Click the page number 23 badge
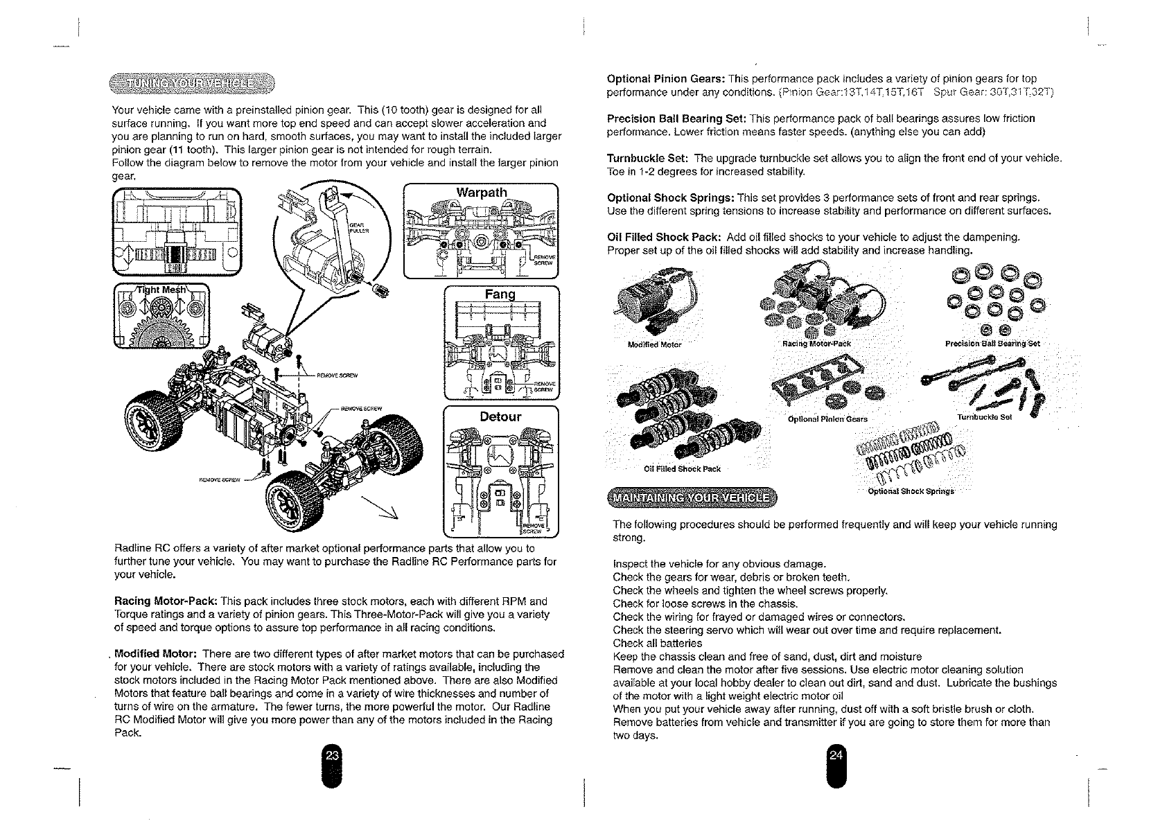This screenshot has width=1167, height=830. pyautogui.click(x=332, y=756)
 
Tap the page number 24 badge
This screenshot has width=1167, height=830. pyautogui.click(x=836, y=756)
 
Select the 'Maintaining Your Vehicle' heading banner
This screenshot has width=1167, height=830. pyautogui.click(x=692, y=497)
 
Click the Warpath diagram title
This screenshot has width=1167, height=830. pyautogui.click(x=482, y=192)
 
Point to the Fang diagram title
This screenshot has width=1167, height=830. pyautogui.click(x=500, y=294)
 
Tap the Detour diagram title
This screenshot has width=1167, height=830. pyautogui.click(x=500, y=416)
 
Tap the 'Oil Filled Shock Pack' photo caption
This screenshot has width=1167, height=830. pyautogui.click(x=682, y=469)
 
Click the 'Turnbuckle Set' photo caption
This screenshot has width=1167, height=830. pyautogui.click(x=985, y=418)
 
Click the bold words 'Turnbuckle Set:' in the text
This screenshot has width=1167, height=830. pyautogui.click(x=648, y=159)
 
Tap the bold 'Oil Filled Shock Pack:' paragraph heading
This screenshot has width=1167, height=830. pyautogui.click(x=662, y=238)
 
